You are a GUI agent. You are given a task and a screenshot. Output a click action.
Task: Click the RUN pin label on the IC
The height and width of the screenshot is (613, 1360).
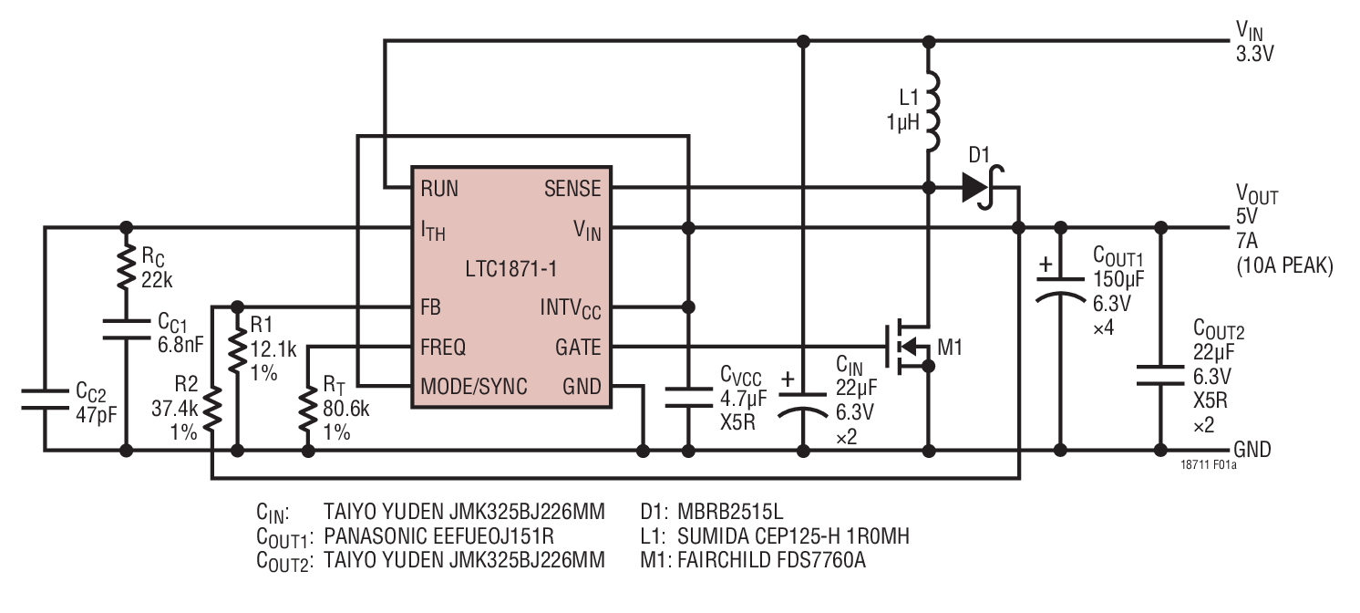(438, 189)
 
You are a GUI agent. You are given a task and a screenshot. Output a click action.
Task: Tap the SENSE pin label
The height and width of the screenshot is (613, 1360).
(572, 189)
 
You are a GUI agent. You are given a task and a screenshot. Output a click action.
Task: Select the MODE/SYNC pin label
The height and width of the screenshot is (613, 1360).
(473, 386)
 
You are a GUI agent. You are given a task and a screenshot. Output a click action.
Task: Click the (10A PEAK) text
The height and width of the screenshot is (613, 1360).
(1284, 267)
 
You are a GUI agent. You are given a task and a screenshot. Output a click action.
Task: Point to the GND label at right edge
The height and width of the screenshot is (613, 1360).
(1252, 450)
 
